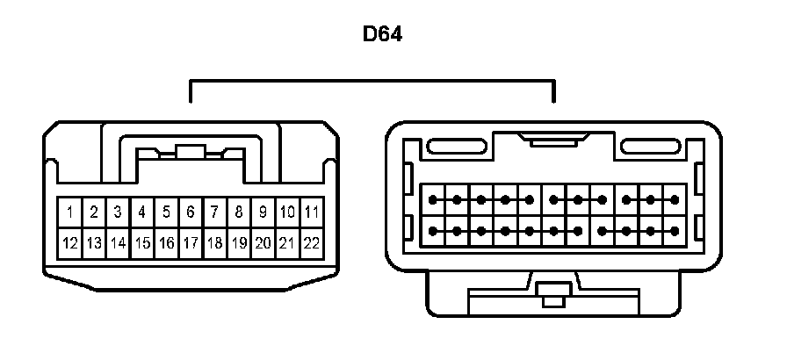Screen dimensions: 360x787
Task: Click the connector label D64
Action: pos(383,35)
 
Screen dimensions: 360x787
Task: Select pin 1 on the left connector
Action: pos(69,212)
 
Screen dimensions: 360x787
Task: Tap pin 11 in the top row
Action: pos(311,212)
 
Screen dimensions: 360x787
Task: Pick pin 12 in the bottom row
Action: pos(69,242)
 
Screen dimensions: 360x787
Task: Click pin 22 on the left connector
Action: pos(311,242)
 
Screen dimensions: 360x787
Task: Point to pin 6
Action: pos(190,212)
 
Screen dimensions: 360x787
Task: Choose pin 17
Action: pos(190,242)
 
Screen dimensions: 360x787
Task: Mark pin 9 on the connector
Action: pos(263,212)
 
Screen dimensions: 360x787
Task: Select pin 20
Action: pos(263,242)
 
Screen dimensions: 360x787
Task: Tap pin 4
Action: pos(141,212)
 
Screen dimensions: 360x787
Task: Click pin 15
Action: pos(141,242)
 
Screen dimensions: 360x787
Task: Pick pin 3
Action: pos(117,212)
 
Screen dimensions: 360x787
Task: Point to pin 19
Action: pos(238,242)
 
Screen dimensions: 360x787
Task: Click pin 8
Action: pos(238,212)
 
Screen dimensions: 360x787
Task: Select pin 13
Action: pos(93,242)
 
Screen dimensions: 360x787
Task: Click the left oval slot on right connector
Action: pos(455,145)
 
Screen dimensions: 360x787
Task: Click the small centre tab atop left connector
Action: pos(190,151)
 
